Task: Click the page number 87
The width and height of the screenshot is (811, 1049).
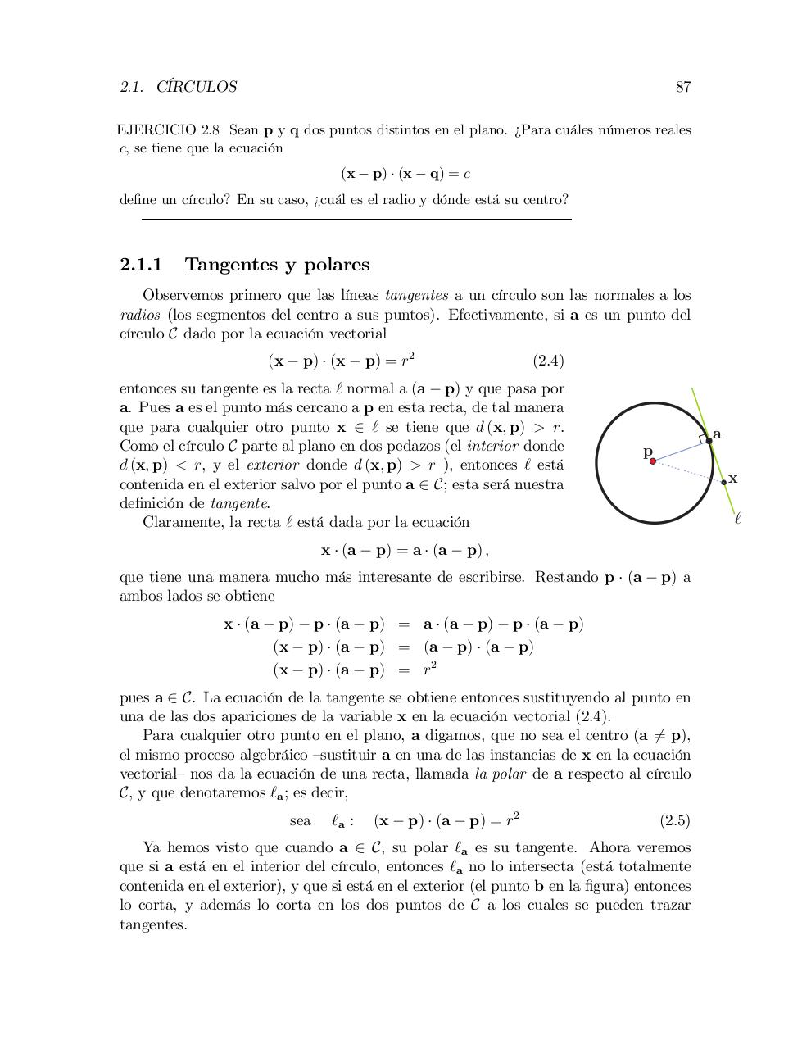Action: click(682, 87)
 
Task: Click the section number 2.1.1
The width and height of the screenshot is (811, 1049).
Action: click(141, 265)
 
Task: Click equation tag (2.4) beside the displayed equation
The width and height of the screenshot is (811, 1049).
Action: click(548, 361)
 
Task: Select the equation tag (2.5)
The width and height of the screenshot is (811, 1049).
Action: click(674, 820)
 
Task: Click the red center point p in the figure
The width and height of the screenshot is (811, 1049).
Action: click(653, 461)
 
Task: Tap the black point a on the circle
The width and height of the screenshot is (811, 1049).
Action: click(709, 441)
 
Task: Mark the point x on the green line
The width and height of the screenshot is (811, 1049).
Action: click(723, 482)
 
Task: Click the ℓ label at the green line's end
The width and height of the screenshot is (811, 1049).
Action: click(738, 518)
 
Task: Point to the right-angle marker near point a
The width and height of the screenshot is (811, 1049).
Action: click(703, 439)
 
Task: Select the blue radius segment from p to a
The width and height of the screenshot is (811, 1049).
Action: click(680, 452)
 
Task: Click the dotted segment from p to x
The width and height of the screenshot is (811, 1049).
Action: click(688, 471)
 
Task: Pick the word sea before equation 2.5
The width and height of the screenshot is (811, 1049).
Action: click(300, 820)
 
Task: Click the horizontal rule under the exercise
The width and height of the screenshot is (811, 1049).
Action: click(356, 220)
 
